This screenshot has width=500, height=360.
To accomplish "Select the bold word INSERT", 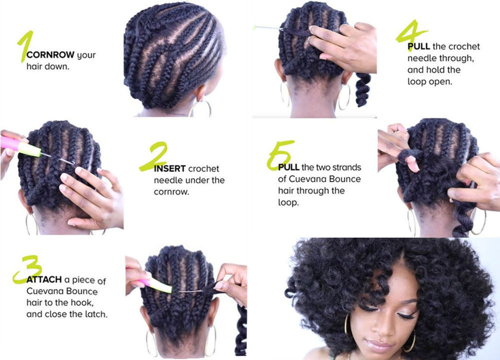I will (x=169, y=169).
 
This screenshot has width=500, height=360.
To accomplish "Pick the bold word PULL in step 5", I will (x=288, y=167).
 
